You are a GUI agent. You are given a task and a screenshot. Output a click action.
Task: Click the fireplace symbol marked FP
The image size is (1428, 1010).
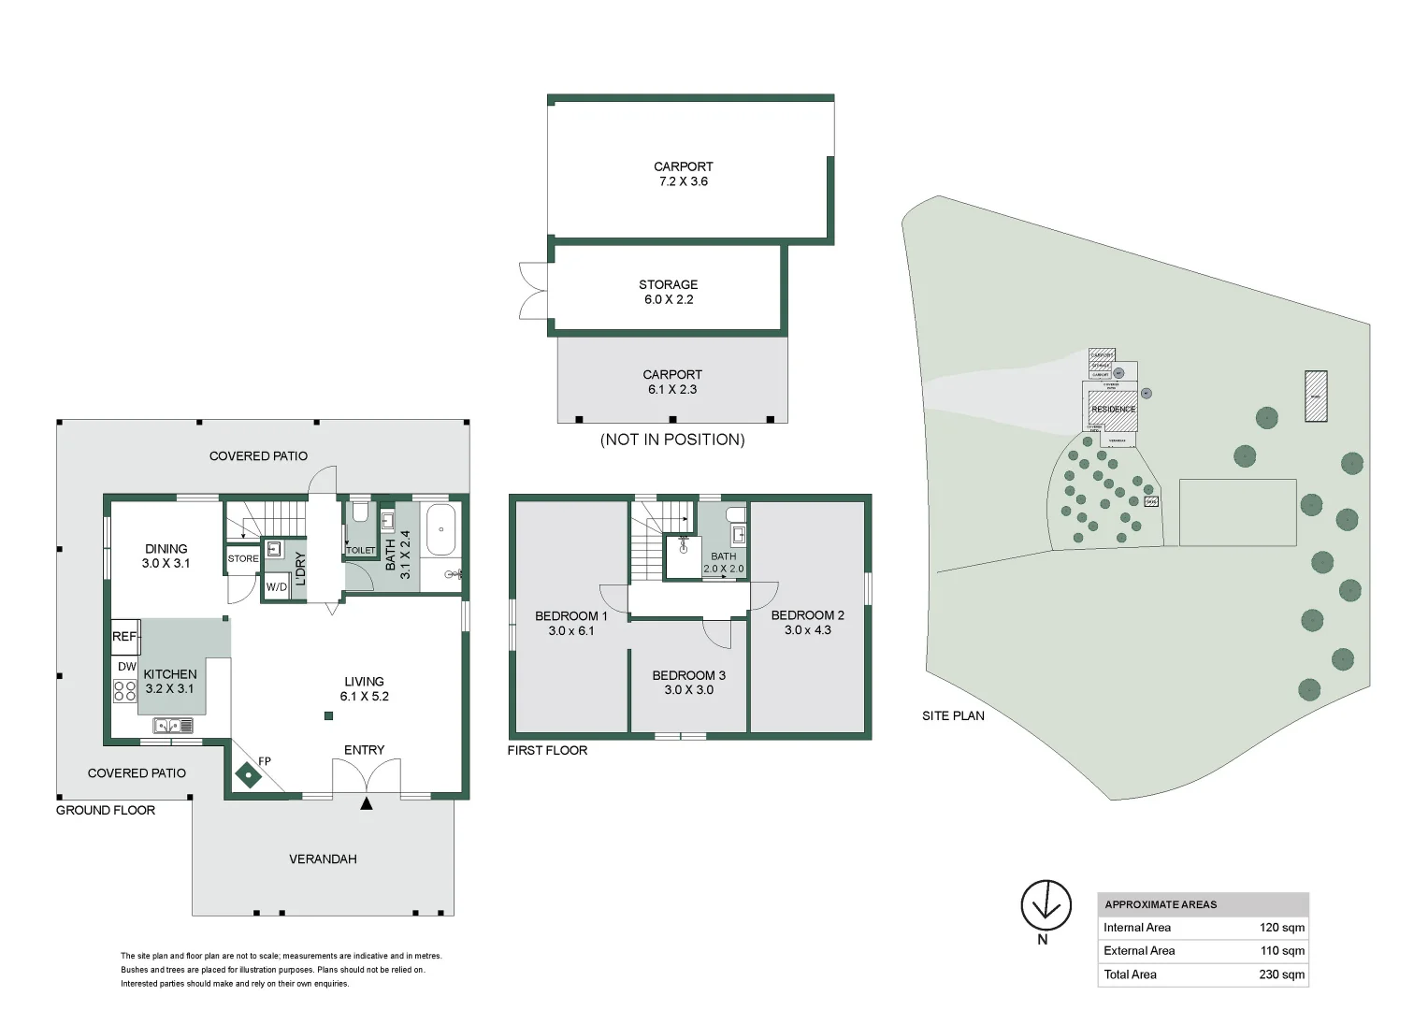point(248,775)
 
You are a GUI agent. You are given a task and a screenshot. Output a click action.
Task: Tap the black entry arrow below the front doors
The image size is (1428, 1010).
point(367,802)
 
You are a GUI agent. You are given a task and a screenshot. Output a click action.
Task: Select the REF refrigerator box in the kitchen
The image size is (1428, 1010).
point(125,636)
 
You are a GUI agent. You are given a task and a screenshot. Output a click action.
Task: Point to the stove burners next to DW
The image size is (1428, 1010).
point(125,691)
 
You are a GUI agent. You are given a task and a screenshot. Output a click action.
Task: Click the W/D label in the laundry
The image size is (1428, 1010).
point(277,587)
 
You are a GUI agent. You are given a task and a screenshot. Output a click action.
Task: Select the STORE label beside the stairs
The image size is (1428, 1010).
point(243,558)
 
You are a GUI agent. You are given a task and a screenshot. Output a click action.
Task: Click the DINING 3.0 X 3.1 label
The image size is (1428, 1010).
point(166,555)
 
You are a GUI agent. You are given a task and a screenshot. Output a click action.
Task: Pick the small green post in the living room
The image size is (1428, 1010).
point(328,716)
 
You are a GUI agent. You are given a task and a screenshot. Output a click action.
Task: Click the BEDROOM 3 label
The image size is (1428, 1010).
point(688,675)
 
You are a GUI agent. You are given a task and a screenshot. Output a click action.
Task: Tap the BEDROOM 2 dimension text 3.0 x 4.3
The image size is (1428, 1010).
point(807,630)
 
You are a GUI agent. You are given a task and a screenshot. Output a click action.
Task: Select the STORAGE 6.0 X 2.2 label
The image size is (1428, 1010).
point(669,292)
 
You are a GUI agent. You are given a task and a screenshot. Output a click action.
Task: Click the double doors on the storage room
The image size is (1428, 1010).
point(534,291)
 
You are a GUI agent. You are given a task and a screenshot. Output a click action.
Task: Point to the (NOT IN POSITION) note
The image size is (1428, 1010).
point(672,440)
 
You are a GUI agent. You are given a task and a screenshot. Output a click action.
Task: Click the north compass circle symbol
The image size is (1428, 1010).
point(1046,904)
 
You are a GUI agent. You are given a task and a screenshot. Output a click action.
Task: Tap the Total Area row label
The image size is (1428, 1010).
point(1130,974)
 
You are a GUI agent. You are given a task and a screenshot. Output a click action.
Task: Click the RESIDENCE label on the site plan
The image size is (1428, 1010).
point(1113,410)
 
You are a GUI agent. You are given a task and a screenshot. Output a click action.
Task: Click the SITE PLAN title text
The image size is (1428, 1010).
point(953,715)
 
